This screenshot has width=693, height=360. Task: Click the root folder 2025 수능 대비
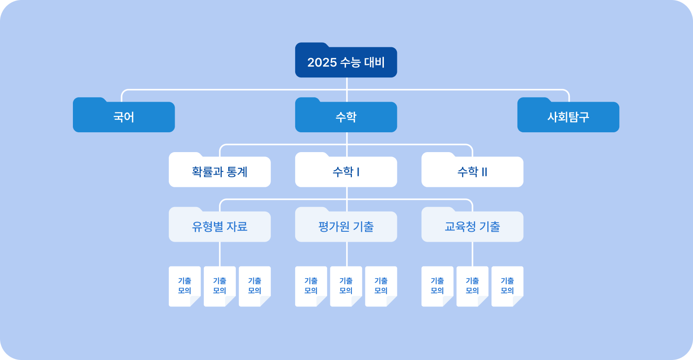[x=346, y=60]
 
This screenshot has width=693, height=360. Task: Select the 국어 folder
[x=124, y=115]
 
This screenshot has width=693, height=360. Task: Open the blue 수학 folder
[x=346, y=115]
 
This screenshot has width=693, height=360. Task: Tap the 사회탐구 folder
[x=568, y=115]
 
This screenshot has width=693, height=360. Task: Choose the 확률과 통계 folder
[x=220, y=170]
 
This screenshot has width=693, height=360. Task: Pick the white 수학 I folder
[x=346, y=170]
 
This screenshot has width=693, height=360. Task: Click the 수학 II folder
[x=472, y=170]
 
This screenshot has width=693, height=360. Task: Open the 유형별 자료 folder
[x=220, y=225]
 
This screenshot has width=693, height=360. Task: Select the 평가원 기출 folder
[x=346, y=225]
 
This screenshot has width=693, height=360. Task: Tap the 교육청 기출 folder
[x=472, y=225]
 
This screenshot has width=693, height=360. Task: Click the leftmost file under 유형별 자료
[x=184, y=286]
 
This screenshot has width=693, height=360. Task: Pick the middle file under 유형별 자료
[x=220, y=286]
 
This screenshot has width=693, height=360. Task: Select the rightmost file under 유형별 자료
[x=255, y=286]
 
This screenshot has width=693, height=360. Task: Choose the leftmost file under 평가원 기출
[x=311, y=286]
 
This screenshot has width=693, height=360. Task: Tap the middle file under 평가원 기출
[x=346, y=286]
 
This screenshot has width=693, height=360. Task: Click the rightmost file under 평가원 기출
[x=381, y=286]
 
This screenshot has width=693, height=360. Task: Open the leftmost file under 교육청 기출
[x=437, y=286]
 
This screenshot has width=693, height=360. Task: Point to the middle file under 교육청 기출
[x=472, y=286]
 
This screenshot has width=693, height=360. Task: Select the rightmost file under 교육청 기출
[x=508, y=286]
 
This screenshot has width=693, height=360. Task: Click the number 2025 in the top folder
[x=322, y=63]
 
